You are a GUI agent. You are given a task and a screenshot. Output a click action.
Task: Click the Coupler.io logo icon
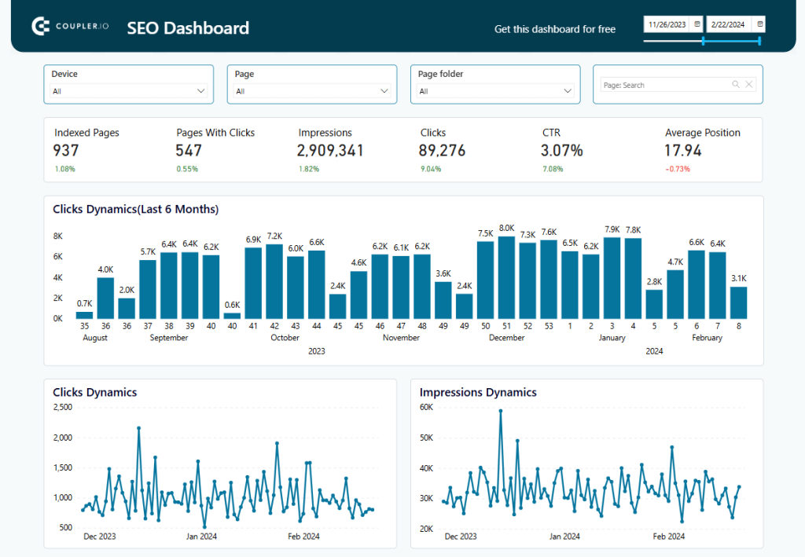point(41,27)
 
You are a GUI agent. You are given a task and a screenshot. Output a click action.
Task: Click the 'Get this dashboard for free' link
point(554,29)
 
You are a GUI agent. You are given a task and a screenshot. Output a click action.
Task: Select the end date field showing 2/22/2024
point(729,24)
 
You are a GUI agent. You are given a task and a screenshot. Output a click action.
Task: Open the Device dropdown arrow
point(200,91)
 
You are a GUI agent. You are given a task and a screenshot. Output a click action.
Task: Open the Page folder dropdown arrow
point(568,91)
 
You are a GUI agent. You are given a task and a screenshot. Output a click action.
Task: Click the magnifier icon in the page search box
point(736,85)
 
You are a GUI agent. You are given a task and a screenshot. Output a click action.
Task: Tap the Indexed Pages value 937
point(67,150)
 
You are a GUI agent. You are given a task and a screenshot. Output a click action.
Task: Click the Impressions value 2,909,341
point(330,150)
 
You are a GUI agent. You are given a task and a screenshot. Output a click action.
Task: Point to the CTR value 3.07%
point(562,150)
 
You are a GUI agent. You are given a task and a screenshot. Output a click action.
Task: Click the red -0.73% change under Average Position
point(678,169)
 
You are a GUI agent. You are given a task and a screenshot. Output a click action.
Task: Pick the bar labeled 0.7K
point(84,315)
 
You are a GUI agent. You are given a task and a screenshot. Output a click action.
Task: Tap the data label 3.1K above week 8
point(738,278)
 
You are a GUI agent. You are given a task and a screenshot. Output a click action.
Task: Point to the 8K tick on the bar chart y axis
point(58,236)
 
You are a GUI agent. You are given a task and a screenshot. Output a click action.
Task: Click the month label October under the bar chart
point(285,338)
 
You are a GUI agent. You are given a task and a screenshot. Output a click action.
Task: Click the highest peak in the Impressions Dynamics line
point(500,410)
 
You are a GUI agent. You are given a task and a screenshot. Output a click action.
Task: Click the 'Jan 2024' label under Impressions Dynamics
point(565,537)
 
